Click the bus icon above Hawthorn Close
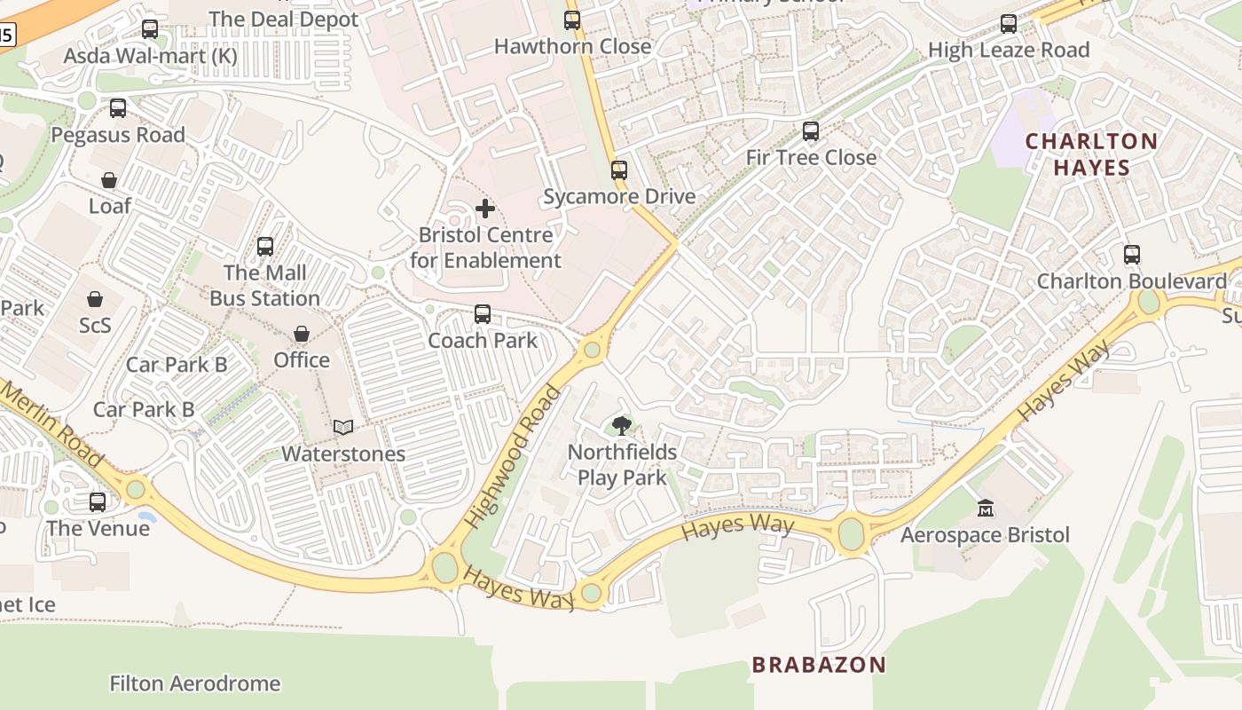(x=572, y=20)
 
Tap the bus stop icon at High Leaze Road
(x=1009, y=24)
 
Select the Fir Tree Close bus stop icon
(x=810, y=131)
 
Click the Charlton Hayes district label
(x=1091, y=154)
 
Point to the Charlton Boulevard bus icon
(x=1131, y=255)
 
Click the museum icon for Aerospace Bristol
(x=985, y=509)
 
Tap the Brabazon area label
(x=819, y=665)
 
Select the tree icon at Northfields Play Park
(x=622, y=425)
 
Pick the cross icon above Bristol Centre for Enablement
(x=485, y=209)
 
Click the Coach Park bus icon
(x=482, y=313)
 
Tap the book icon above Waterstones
(x=343, y=427)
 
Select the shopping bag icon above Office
(x=302, y=334)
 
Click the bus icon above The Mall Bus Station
(x=264, y=246)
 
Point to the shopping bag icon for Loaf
(x=109, y=180)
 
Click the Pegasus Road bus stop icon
(x=117, y=108)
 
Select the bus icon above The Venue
(x=98, y=501)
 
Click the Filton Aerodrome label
(x=194, y=683)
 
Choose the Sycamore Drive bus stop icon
(x=618, y=170)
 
